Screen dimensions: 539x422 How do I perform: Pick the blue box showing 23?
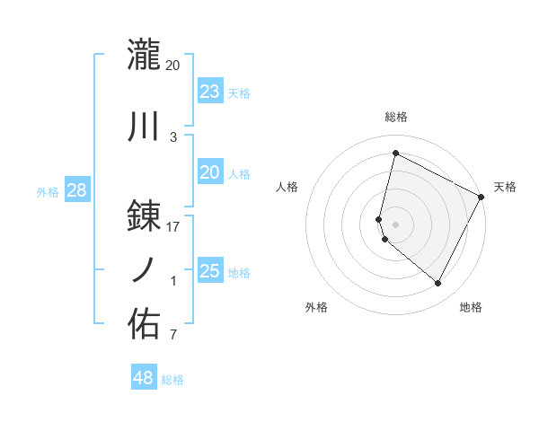[209, 92]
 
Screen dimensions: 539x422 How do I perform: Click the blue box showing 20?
[209, 173]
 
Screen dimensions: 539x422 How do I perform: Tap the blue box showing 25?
[209, 271]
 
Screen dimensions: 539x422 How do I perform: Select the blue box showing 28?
[76, 190]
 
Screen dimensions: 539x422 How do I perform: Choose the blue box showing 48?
[144, 378]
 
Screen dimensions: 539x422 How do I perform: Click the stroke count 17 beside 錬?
[173, 226]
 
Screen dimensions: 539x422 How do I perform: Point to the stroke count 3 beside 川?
[173, 137]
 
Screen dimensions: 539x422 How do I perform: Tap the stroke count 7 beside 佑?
[173, 336]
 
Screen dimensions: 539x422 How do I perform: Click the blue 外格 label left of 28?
[48, 191]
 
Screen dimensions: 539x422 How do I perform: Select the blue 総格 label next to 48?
[172, 380]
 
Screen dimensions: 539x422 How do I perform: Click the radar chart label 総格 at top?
[396, 117]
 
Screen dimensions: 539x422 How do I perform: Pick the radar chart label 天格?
[505, 187]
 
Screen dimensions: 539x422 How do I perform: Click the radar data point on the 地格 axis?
[438, 284]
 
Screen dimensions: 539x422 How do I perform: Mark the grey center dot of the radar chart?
[396, 224]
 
